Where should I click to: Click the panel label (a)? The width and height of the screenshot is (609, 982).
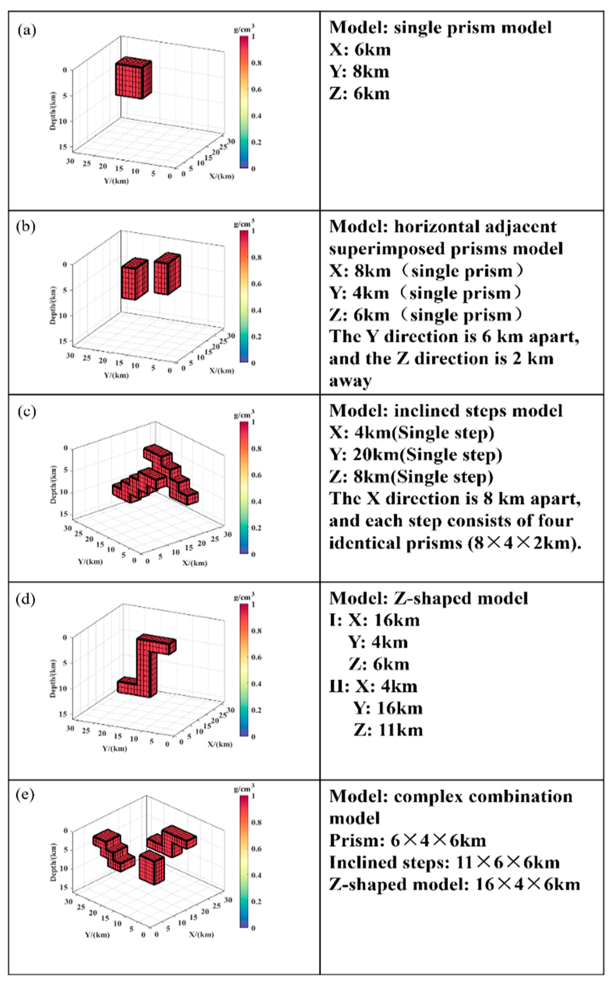(27, 30)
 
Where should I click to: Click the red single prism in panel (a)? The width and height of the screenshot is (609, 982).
(133, 79)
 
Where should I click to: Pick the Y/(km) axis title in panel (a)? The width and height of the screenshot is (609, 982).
(116, 181)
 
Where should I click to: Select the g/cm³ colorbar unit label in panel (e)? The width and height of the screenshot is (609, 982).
(244, 786)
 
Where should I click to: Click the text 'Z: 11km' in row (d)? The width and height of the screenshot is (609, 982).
(388, 730)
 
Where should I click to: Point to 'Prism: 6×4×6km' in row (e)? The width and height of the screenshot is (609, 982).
(408, 840)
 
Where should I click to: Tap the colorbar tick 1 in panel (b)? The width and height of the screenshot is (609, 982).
(253, 231)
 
